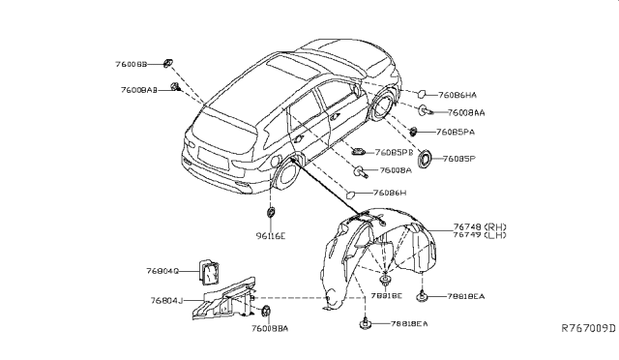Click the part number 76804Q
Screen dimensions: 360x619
165,272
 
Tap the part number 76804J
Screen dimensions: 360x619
165,301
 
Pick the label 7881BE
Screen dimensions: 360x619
385,294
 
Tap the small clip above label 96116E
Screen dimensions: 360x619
271,212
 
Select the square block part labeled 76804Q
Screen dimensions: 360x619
209,270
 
